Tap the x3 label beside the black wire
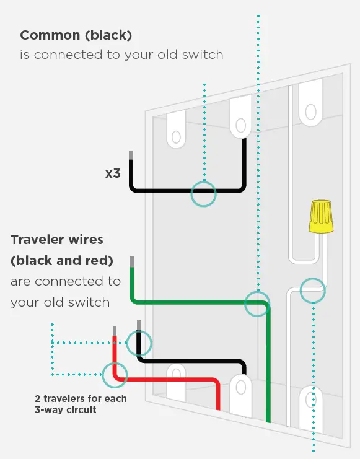pyautogui.click(x=113, y=173)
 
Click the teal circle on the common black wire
pyautogui.click(x=203, y=194)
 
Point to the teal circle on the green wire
pyautogui.click(x=257, y=304)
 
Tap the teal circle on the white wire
pyautogui.click(x=313, y=290)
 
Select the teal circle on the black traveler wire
pyautogui.click(x=139, y=342)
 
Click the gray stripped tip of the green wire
pyautogui.click(x=131, y=261)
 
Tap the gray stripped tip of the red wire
pyautogui.click(x=114, y=331)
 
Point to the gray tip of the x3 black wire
pyautogui.click(x=131, y=156)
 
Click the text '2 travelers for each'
pyautogui.click(x=81, y=398)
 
